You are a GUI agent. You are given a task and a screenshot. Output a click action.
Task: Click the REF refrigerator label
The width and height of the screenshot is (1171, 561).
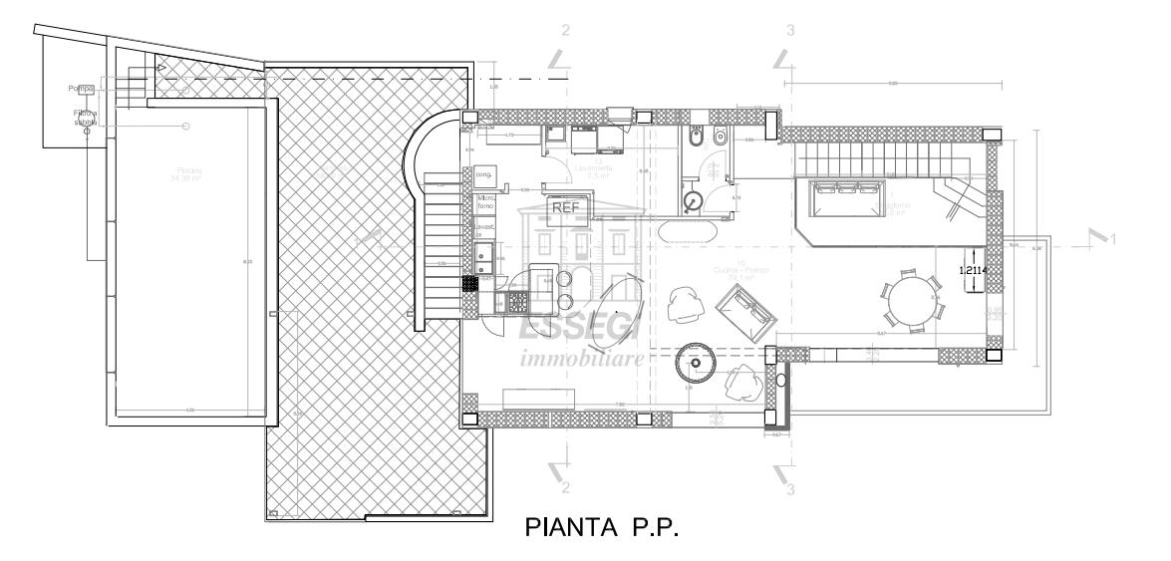point(564,208)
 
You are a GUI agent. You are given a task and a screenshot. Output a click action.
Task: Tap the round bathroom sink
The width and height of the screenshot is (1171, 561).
point(695,201)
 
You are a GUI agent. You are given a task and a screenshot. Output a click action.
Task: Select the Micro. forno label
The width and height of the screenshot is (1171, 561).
point(487,203)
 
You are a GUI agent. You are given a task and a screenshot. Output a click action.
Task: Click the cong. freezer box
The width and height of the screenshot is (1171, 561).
point(485,174)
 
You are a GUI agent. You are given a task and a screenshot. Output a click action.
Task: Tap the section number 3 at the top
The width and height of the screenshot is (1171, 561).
point(791,30)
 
